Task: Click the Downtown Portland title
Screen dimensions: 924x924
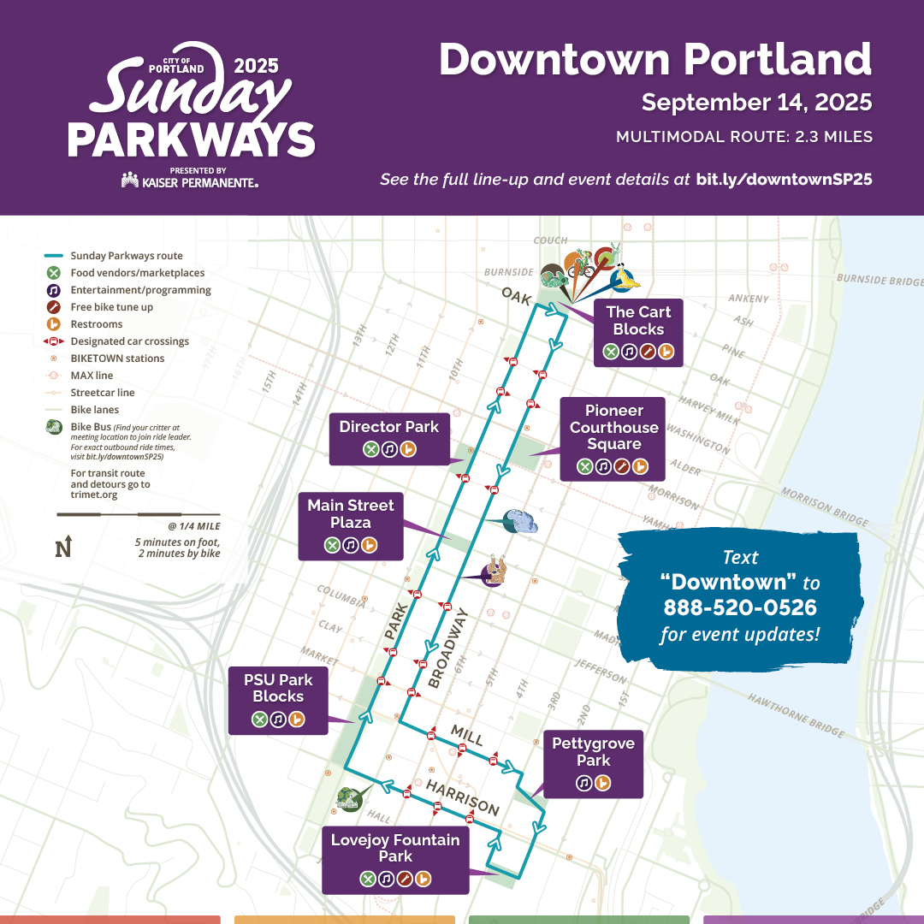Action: coord(655,60)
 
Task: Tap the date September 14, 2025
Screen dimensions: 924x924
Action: coord(756,103)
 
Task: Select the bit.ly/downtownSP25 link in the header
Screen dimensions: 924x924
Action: coord(784,181)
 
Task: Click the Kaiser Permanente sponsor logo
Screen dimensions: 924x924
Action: coord(190,181)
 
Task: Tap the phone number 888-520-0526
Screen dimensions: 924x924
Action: coord(740,608)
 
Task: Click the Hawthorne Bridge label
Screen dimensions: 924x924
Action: coord(797,715)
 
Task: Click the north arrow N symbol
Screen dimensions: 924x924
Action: coord(62,548)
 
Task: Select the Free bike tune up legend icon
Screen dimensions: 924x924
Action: coord(53,307)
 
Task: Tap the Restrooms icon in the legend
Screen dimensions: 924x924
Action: coord(53,324)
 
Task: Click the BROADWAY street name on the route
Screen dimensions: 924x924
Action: coord(448,648)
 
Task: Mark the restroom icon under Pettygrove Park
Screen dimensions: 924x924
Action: coord(602,782)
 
